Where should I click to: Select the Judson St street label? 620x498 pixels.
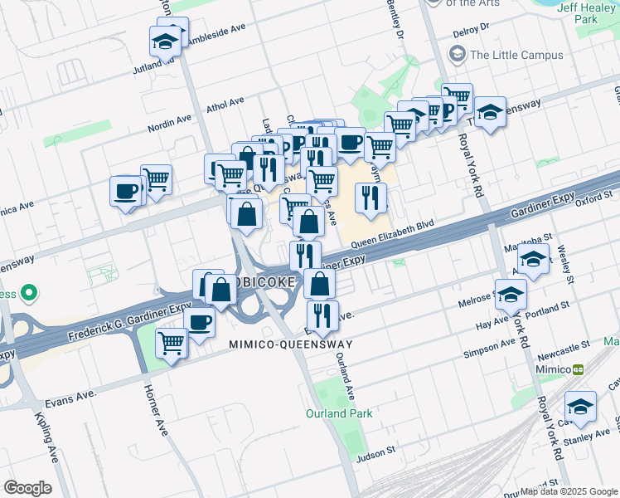coord(376,455)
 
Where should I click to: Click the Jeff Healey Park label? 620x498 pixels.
coord(589,13)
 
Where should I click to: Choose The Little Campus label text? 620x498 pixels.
coord(516,56)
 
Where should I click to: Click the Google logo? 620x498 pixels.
coord(27,488)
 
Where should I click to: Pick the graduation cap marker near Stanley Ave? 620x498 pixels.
coord(581,407)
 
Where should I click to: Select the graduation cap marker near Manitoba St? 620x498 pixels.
coord(535,260)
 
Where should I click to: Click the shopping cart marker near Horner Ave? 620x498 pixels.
coord(172,340)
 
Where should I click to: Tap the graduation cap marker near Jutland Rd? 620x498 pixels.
coord(165,41)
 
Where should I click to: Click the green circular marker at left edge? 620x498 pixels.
coord(29,293)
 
